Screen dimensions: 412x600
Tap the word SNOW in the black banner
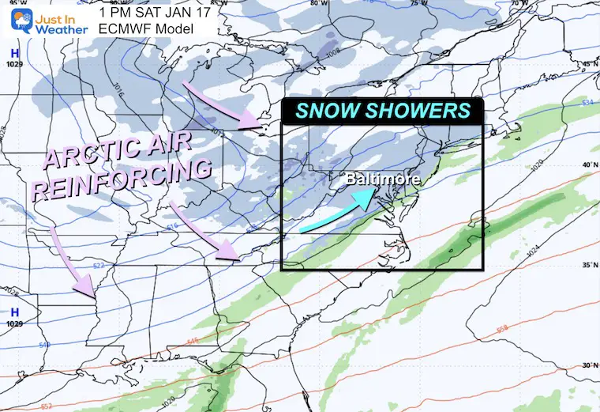(329, 111)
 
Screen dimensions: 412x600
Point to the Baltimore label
(383, 180)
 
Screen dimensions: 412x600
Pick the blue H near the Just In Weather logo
(13, 53)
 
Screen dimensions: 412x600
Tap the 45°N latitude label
(587, 64)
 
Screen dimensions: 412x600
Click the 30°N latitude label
(587, 365)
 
